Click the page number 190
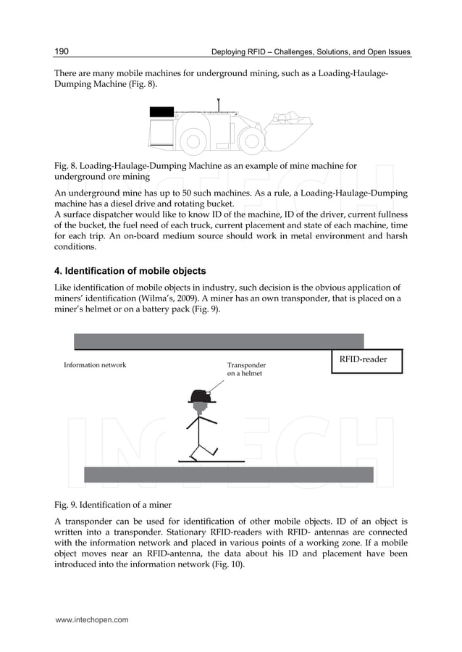62,51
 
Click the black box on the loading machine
161,112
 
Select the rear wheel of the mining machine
192,141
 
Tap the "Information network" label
95,365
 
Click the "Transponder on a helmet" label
246,369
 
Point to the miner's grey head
201,407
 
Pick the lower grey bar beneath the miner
229,475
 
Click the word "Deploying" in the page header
229,52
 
